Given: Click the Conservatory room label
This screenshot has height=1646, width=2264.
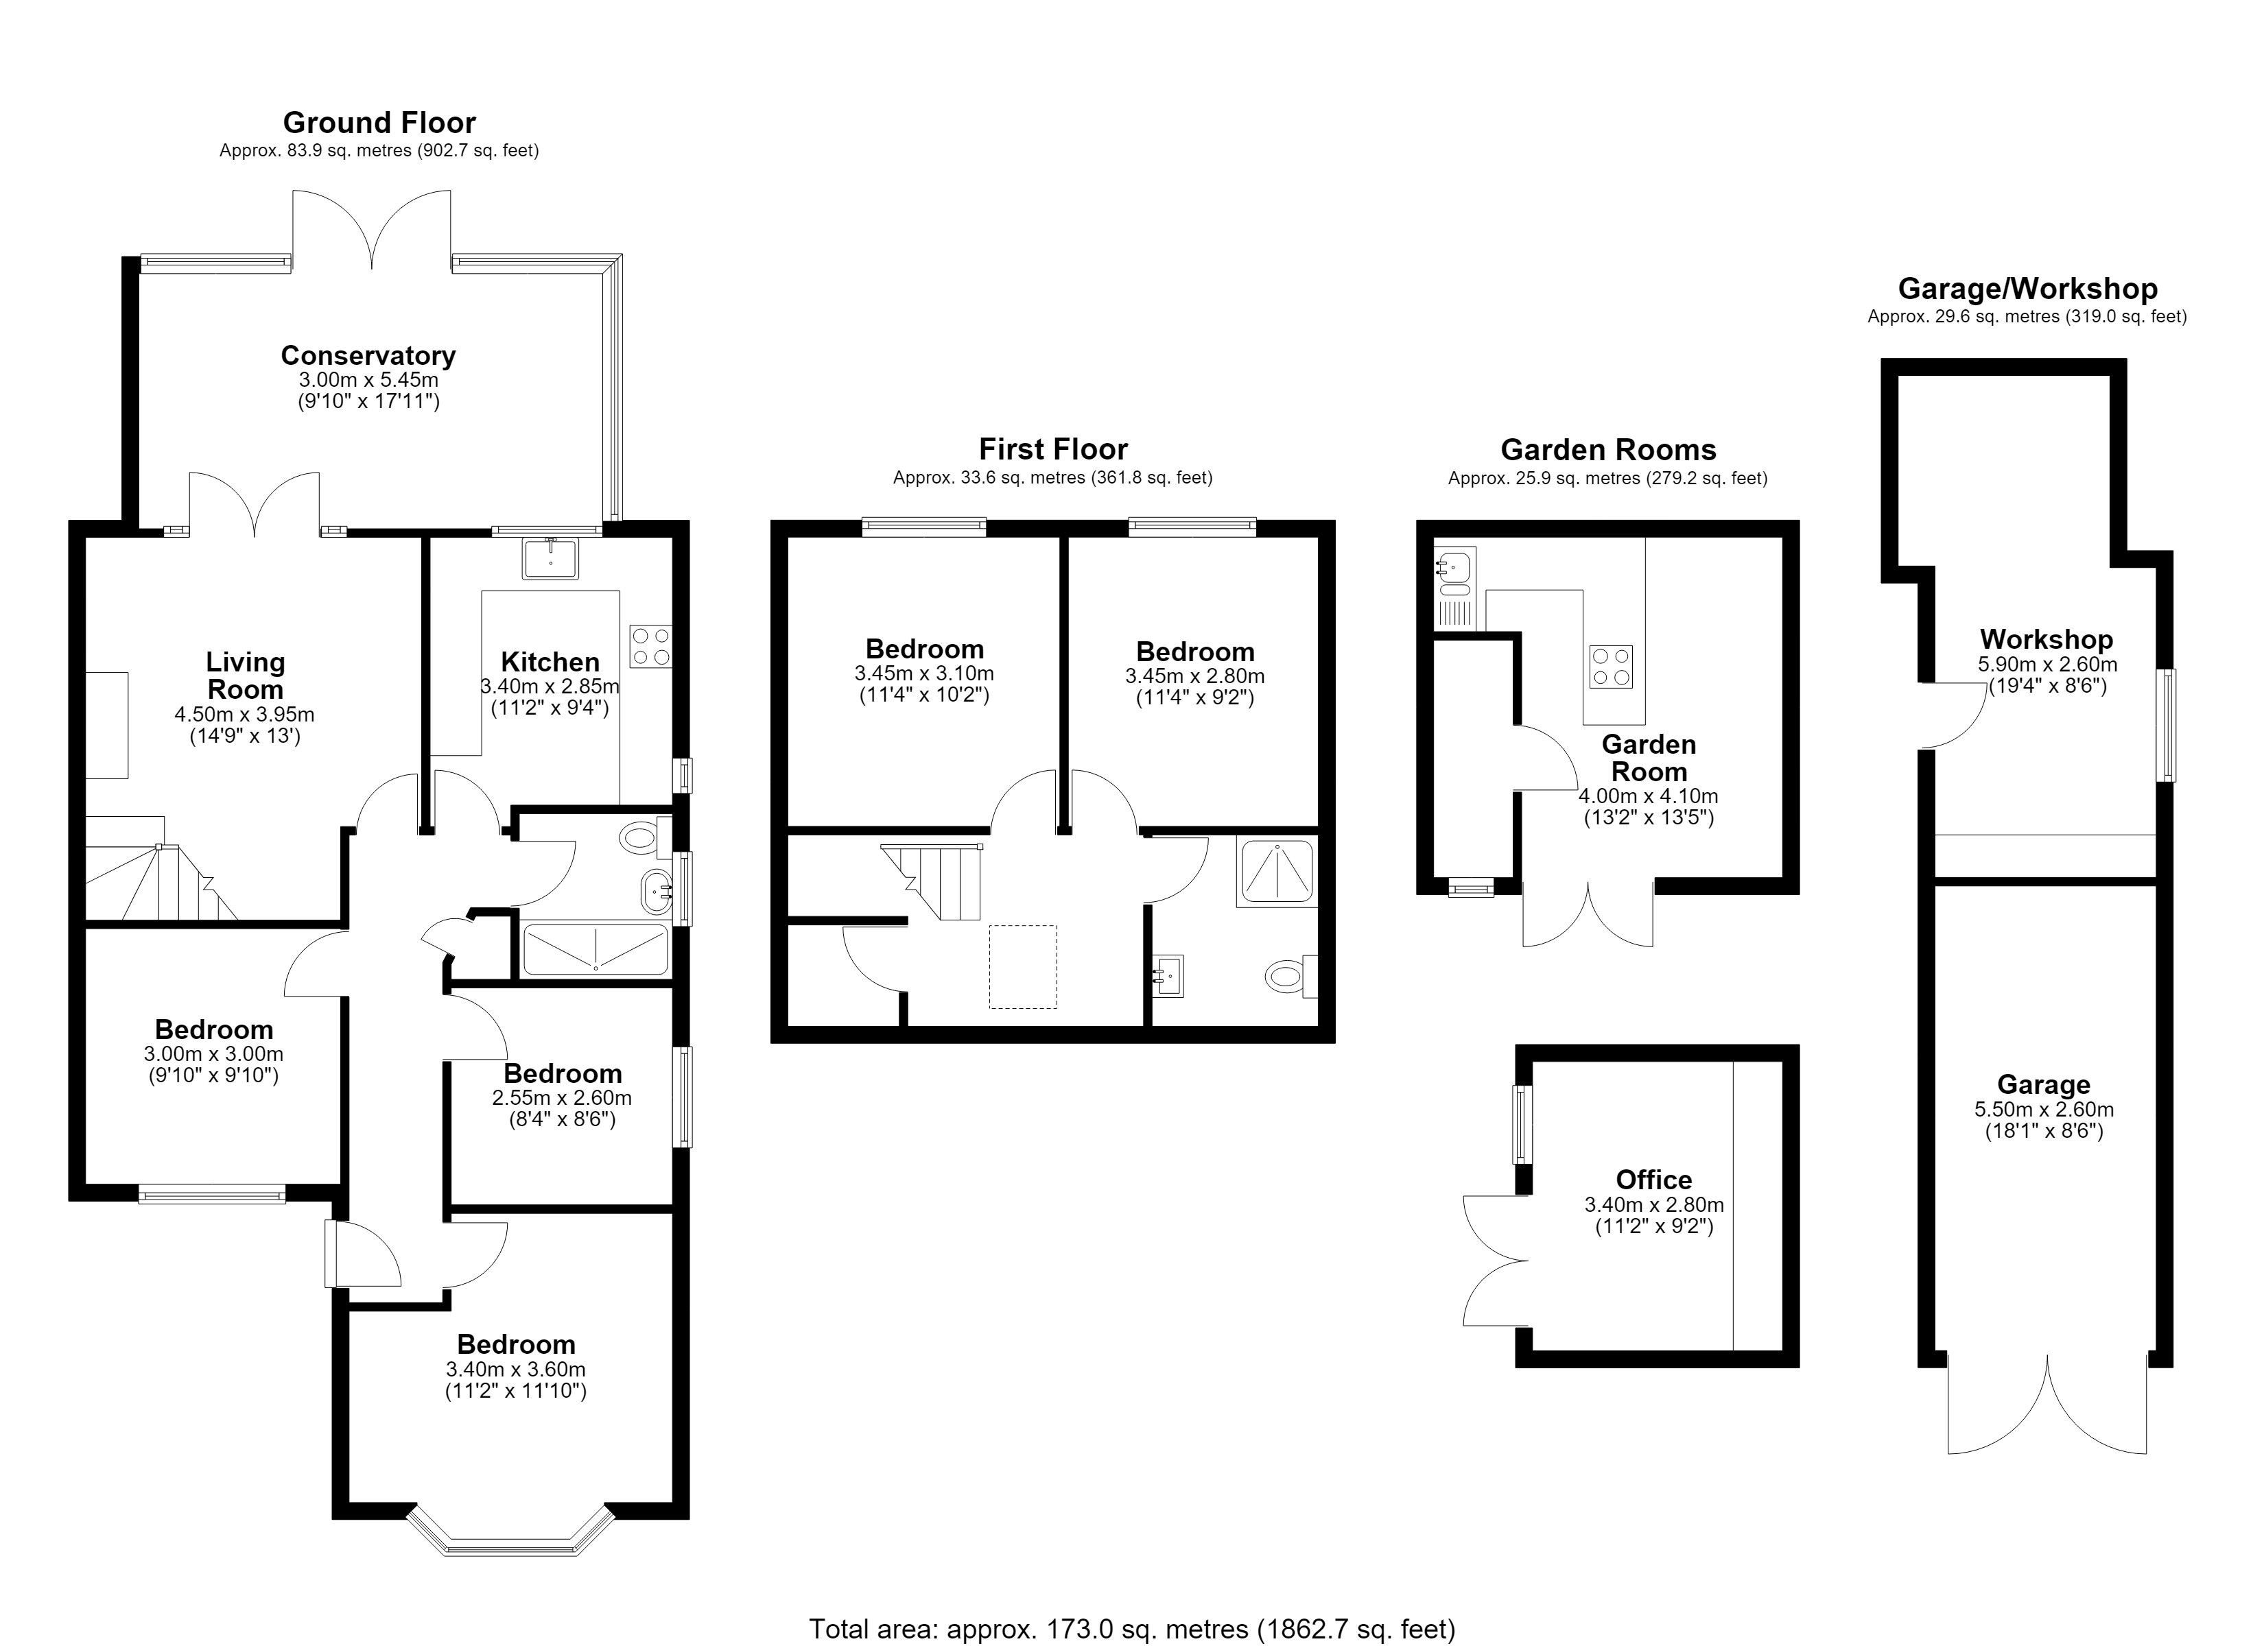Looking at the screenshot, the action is (x=368, y=355).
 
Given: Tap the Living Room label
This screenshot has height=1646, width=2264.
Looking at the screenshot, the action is (x=246, y=676).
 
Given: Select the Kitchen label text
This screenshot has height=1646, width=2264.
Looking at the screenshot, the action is (x=550, y=662).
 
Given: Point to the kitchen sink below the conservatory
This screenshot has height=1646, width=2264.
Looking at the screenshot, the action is (x=550, y=559).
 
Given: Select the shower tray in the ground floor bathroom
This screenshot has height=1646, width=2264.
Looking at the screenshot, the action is (x=596, y=949).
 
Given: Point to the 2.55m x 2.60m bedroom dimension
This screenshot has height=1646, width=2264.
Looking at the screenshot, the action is (x=562, y=1097).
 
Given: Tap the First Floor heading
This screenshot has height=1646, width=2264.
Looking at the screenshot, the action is (x=1053, y=449).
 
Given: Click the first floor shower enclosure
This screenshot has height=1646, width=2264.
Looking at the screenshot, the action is (x=1277, y=872).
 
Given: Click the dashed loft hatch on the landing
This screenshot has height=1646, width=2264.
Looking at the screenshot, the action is (x=1023, y=966).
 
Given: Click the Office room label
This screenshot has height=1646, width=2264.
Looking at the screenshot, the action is (x=1654, y=1180).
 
